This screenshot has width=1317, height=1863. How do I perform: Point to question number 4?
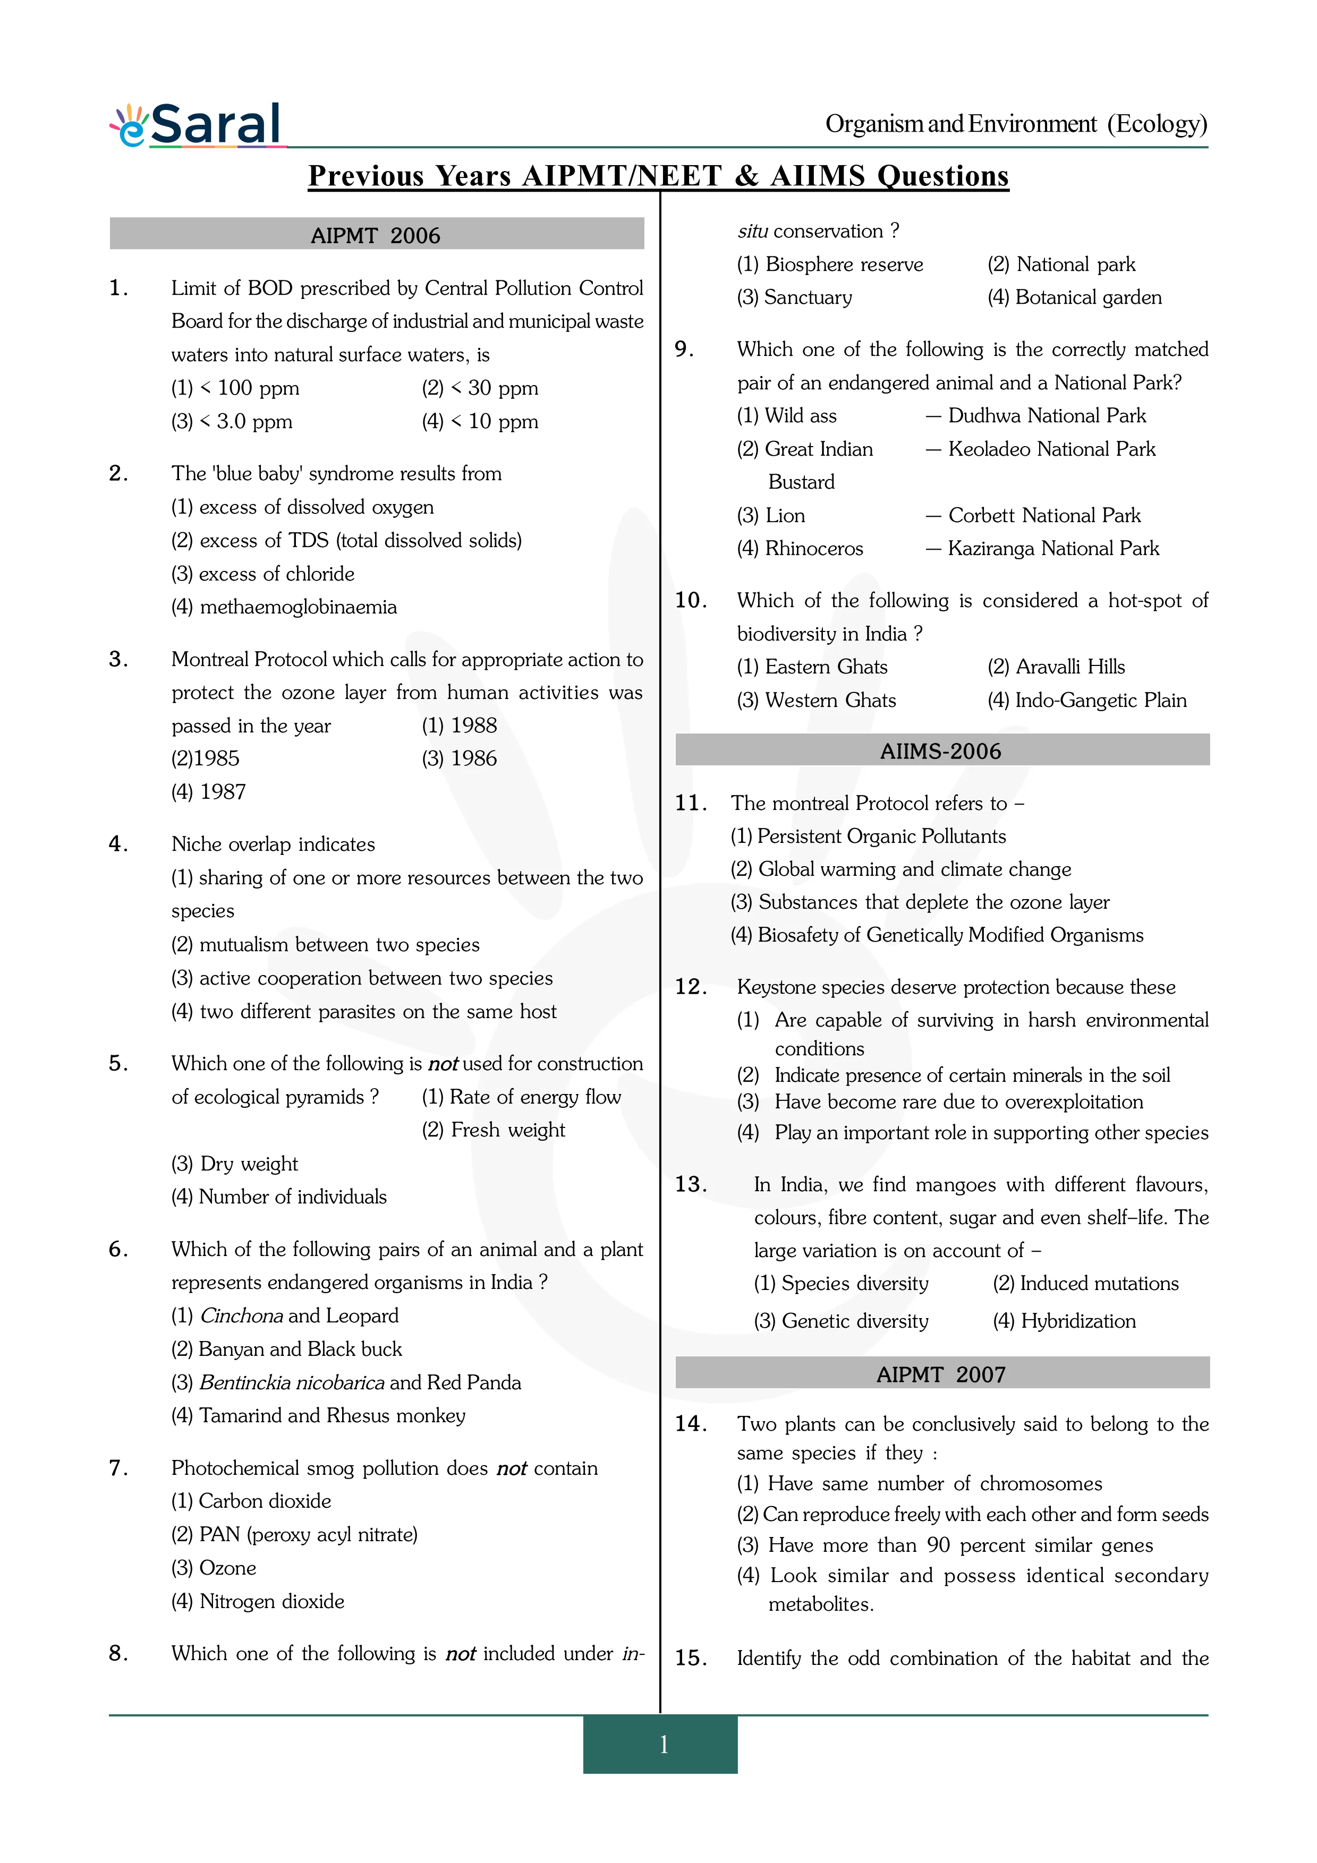point(118,844)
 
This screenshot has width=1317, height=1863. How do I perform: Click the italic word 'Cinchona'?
point(241,1315)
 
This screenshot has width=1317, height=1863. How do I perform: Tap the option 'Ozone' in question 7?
point(227,1568)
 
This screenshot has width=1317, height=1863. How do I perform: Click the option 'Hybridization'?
point(1077,1321)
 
